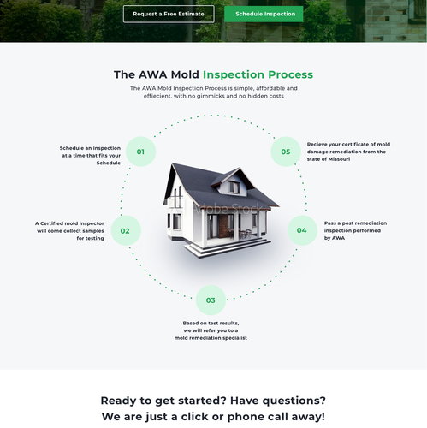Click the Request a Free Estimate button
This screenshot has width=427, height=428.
coord(168,14)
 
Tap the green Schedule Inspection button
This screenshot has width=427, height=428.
coord(264,14)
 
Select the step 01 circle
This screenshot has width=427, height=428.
coord(140,152)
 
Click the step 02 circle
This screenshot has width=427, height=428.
coord(125,230)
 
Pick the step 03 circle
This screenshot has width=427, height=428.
coord(211,300)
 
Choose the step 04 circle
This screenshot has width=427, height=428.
coord(301,230)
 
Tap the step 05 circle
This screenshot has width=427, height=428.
coord(286,152)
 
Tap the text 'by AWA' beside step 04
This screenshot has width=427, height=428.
coord(335,238)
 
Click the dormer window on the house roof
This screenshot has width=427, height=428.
coord(233,186)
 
